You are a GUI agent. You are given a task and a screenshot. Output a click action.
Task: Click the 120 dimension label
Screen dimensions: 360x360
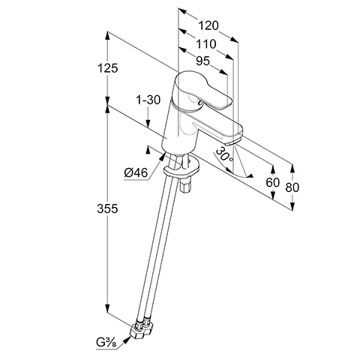(x=208, y=25)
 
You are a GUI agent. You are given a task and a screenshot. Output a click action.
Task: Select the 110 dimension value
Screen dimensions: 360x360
(x=206, y=44)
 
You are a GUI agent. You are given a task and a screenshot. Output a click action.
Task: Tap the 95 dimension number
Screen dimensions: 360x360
(x=202, y=61)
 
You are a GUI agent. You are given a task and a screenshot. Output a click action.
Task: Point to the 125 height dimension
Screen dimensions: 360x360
(x=107, y=68)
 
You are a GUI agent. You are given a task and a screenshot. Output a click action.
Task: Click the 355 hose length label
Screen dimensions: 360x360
(x=107, y=208)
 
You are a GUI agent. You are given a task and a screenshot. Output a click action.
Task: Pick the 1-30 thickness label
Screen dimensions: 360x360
(x=148, y=100)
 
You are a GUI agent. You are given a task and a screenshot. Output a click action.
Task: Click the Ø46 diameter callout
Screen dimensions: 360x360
(x=136, y=172)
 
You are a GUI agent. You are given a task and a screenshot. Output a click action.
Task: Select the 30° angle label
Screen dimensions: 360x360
(x=224, y=154)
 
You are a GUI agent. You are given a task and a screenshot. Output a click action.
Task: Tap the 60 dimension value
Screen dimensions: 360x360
(x=272, y=182)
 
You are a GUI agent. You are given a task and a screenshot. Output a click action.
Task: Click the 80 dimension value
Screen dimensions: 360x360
(x=292, y=187)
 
